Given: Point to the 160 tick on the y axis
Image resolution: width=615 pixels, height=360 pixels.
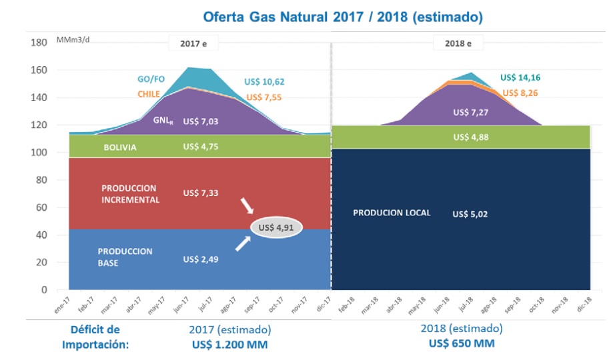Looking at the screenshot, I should coord(39,71).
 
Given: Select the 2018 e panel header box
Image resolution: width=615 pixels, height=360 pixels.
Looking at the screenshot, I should coord(460,44).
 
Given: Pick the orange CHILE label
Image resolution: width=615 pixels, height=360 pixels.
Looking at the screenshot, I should coord(149,95).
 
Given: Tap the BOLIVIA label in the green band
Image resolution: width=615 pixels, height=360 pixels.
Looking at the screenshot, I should coord(120,148).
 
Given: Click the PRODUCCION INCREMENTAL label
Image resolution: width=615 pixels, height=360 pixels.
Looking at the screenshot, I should coord(131,193).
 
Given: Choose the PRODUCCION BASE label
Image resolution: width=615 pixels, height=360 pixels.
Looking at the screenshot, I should coord(125,257).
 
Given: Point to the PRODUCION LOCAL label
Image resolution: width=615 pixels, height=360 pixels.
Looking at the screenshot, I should coord(392,213).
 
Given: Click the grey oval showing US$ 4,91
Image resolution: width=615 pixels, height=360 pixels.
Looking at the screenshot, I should coord(276,228).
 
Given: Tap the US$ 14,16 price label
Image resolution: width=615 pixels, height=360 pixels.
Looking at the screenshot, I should coord(522,77).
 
